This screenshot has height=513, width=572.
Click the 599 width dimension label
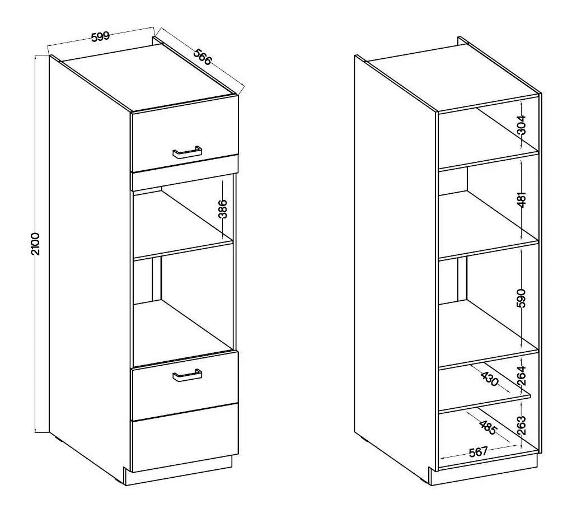[100, 37]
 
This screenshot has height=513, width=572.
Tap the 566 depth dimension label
[202, 57]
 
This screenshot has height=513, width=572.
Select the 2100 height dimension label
[35, 244]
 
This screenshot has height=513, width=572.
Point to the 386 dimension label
[223, 209]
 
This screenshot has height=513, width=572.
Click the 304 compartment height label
[522, 125]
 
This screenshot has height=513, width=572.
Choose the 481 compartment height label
[522, 199]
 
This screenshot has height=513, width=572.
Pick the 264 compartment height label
[522, 376]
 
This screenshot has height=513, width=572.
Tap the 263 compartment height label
[522, 425]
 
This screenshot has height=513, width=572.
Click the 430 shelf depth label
[489, 379]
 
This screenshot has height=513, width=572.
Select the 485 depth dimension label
[487, 427]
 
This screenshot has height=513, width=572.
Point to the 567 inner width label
[478, 453]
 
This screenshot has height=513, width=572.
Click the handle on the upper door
[187, 153]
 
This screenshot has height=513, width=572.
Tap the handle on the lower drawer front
[187, 376]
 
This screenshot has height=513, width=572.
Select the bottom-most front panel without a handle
[185, 438]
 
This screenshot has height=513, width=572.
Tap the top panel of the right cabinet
[452, 78]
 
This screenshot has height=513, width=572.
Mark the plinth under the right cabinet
[485, 472]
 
